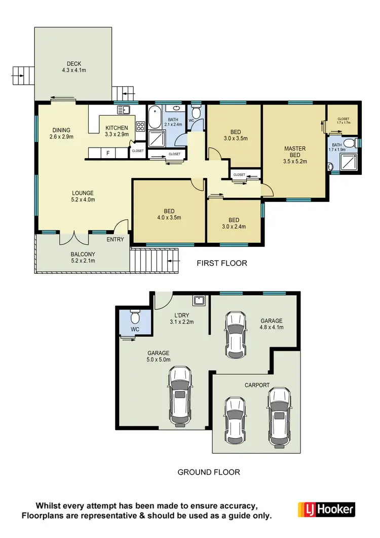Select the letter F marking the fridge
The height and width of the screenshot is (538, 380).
107,153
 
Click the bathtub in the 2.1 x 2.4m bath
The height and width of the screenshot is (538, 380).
154,120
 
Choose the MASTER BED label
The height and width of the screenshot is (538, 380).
294,152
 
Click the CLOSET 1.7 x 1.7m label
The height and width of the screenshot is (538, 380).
343,121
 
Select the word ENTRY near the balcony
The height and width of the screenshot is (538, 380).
115,239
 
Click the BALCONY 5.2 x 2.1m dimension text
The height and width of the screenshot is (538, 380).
82,261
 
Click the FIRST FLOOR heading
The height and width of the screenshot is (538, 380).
221,263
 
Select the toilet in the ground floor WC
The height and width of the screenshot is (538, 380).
135,318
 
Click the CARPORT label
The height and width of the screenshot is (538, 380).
257,385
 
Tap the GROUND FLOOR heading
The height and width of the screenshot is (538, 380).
208,472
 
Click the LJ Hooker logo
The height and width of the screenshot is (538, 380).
326,509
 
